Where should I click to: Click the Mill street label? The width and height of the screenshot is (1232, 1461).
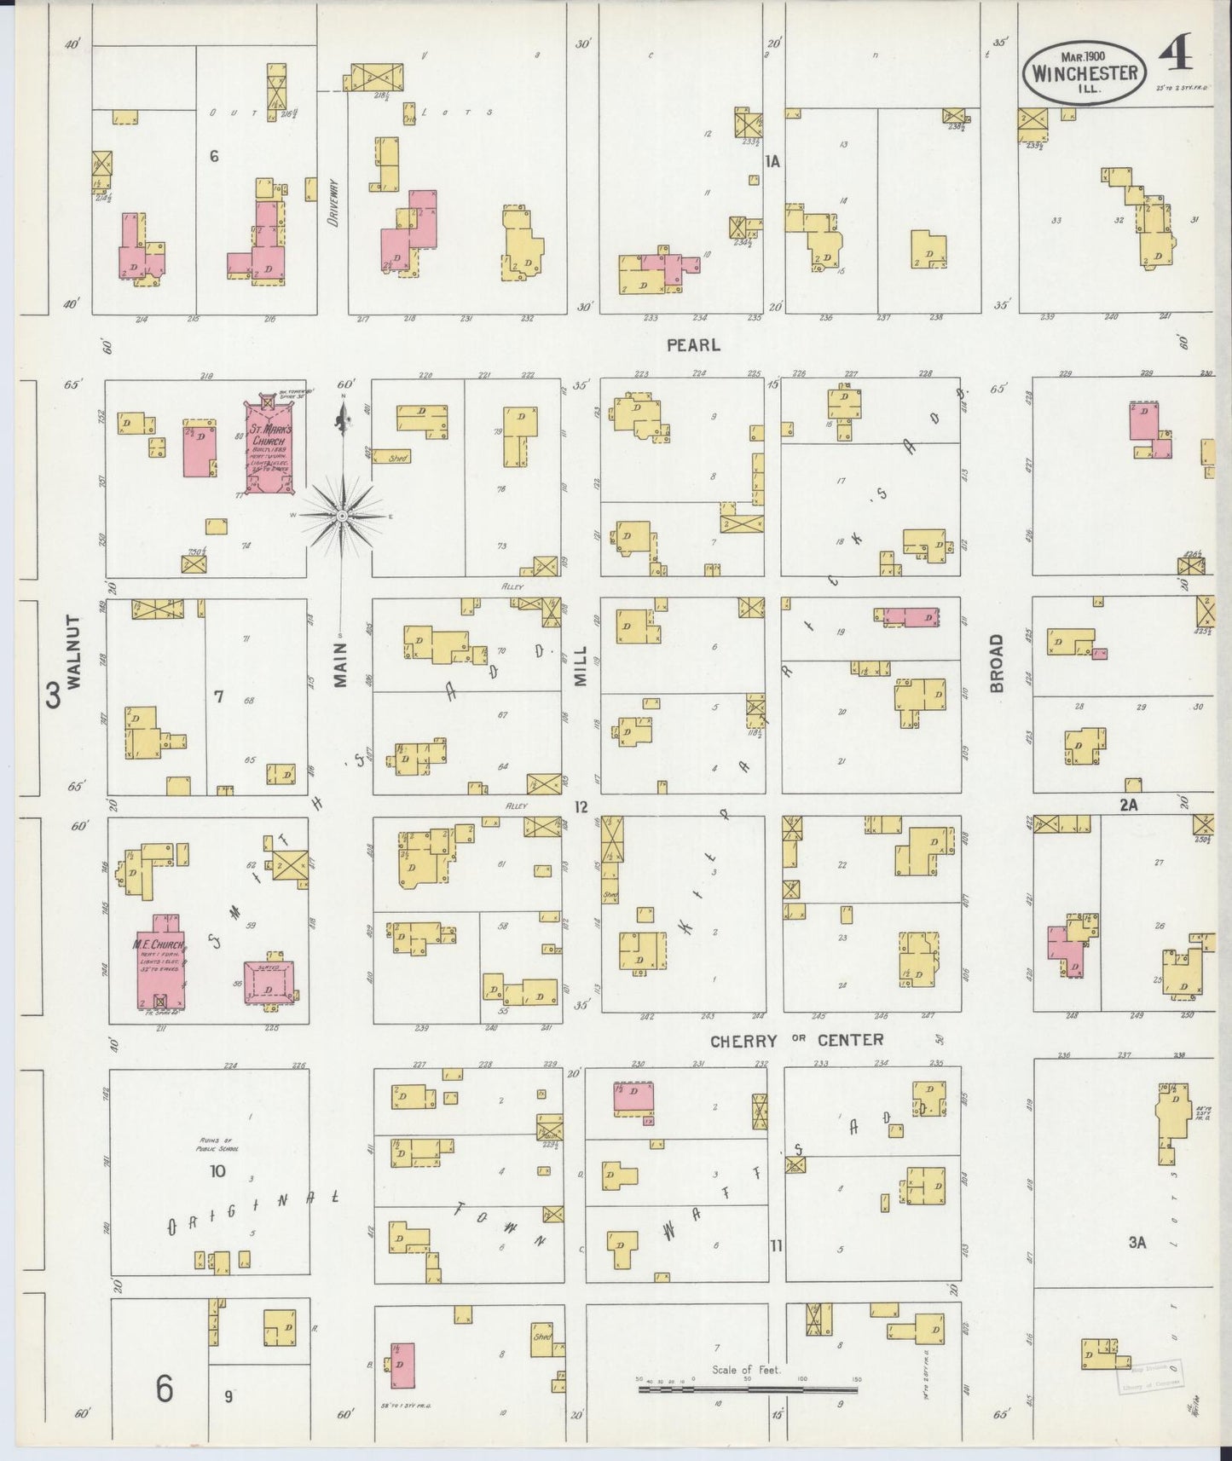click(x=581, y=667)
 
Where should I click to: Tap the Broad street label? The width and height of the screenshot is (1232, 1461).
click(x=997, y=661)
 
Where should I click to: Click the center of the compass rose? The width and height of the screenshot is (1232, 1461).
click(x=342, y=516)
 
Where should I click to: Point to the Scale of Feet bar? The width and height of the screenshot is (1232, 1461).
click(x=750, y=1389)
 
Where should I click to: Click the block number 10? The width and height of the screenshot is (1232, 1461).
click(x=217, y=1171)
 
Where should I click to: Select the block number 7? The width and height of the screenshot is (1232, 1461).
click(x=218, y=697)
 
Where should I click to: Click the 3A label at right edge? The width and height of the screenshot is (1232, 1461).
click(x=1137, y=1242)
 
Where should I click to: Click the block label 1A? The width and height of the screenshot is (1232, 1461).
click(x=772, y=161)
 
